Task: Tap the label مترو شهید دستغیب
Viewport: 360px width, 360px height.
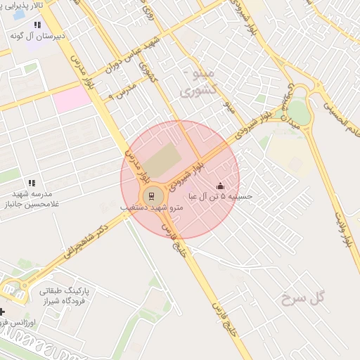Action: click(152, 209)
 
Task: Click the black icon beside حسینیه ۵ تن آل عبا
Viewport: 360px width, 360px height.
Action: click(220, 186)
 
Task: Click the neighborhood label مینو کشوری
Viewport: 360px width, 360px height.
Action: click(196, 82)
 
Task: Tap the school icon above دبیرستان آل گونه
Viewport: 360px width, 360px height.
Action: click(37, 25)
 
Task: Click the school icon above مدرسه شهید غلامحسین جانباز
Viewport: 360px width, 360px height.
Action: click(31, 183)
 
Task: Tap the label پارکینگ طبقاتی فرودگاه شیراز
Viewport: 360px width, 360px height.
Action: click(63, 295)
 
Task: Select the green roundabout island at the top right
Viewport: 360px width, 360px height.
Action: click(299, 111)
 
